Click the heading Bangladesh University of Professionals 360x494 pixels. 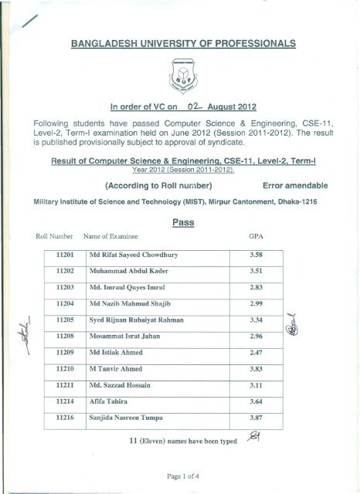179,44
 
